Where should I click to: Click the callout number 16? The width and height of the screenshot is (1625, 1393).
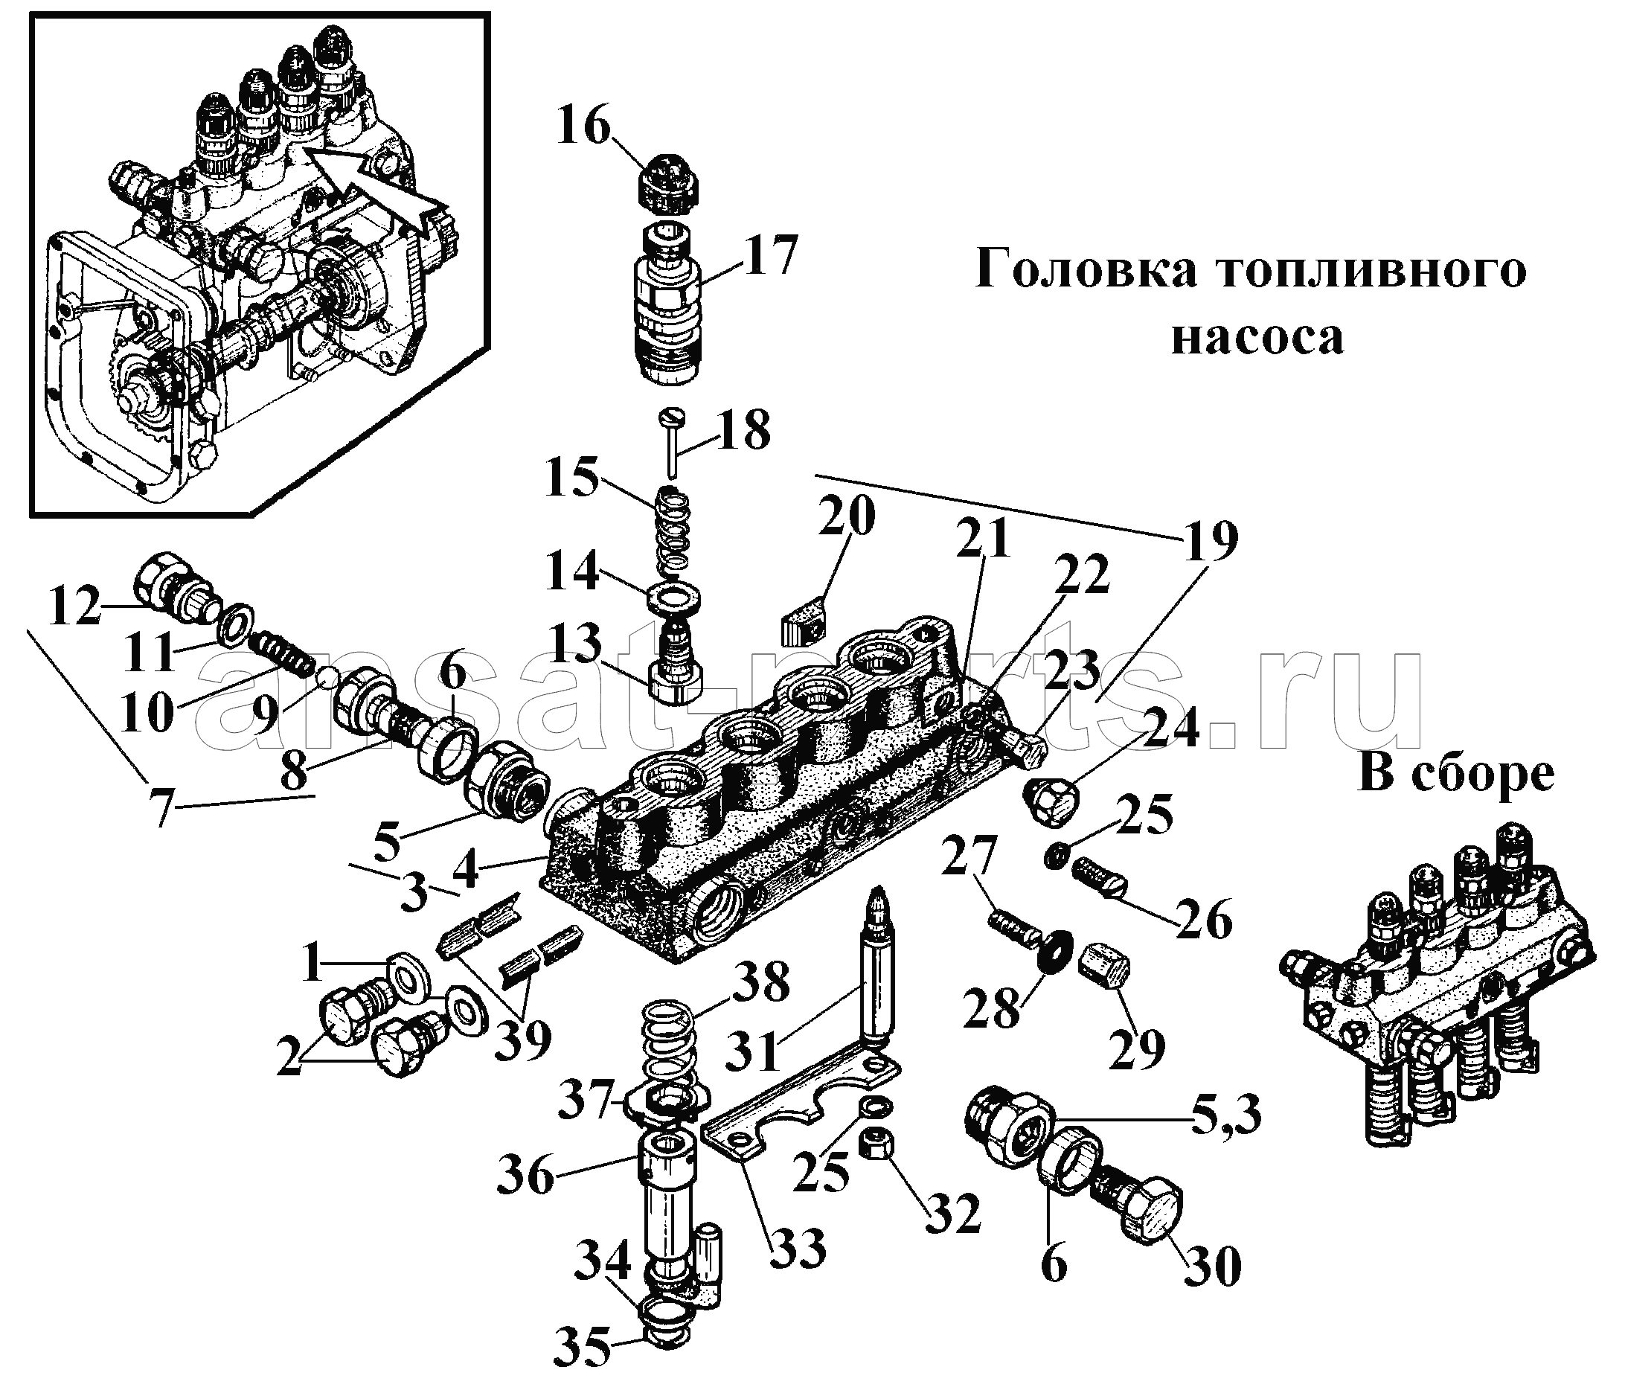pos(583,128)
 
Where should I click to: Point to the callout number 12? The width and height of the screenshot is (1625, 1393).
pos(74,605)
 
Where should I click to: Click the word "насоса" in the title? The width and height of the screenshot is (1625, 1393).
pos(1257,337)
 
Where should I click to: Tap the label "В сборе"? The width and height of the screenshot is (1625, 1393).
pos(1455,774)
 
